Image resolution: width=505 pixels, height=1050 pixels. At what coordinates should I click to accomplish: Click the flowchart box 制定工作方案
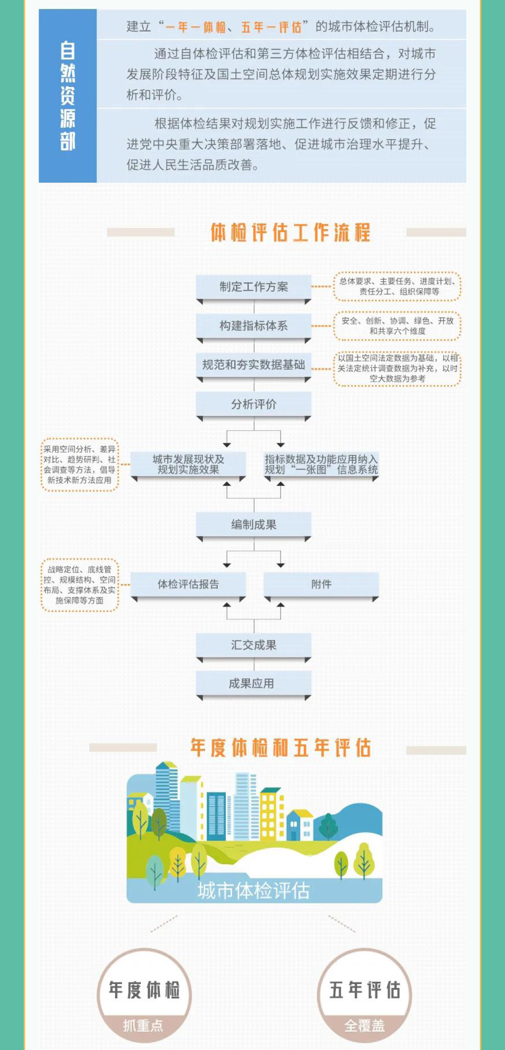point(254,287)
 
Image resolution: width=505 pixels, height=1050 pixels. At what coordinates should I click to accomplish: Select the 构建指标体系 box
point(254,326)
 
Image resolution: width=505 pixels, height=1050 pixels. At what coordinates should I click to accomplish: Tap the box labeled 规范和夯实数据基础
point(254,365)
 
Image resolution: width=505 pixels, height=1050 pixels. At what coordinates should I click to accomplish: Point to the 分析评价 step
point(254,404)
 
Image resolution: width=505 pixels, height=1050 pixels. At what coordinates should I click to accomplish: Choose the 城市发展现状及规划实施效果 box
point(188,464)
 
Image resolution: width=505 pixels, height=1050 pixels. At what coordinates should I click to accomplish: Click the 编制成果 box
point(254,525)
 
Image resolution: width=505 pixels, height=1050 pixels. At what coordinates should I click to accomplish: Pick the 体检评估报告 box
point(188,584)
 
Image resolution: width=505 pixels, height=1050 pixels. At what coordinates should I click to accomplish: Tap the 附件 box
point(321,584)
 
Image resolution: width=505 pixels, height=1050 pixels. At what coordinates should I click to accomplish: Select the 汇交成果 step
point(254,645)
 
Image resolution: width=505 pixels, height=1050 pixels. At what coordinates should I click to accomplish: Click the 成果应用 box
point(254,683)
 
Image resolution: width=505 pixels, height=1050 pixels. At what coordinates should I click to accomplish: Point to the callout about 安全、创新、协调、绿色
point(397,326)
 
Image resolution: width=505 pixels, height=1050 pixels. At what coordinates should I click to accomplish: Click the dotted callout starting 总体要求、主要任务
point(397,286)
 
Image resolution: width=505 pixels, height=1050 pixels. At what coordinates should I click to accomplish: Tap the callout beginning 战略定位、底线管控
point(79,585)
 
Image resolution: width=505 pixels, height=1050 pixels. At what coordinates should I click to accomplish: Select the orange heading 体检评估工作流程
point(290,232)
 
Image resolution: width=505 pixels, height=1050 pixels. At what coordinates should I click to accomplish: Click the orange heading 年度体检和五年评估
point(281,748)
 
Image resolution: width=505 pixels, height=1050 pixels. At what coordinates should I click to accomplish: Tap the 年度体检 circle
point(144,995)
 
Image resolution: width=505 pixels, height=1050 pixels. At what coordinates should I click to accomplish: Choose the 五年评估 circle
point(364,995)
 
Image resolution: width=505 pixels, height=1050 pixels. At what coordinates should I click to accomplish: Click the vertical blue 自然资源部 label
point(68,96)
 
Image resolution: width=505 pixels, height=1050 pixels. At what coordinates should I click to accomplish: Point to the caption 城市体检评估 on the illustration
point(254,890)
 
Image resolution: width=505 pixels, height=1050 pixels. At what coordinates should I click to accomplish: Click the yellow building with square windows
point(271,816)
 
